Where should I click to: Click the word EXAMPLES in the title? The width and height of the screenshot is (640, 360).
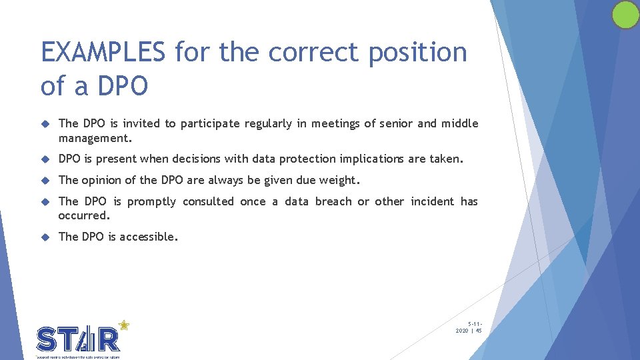click(103, 52)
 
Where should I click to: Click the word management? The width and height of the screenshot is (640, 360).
click(95, 137)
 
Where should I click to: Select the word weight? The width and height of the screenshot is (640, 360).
click(339, 180)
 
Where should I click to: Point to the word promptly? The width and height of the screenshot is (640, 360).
click(151, 201)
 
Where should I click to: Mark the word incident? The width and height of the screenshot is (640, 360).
click(432, 201)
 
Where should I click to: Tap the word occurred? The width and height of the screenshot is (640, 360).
click(84, 215)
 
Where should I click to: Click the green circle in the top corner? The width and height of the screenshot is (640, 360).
click(625, 15)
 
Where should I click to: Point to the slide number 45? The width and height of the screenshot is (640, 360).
click(479, 330)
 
